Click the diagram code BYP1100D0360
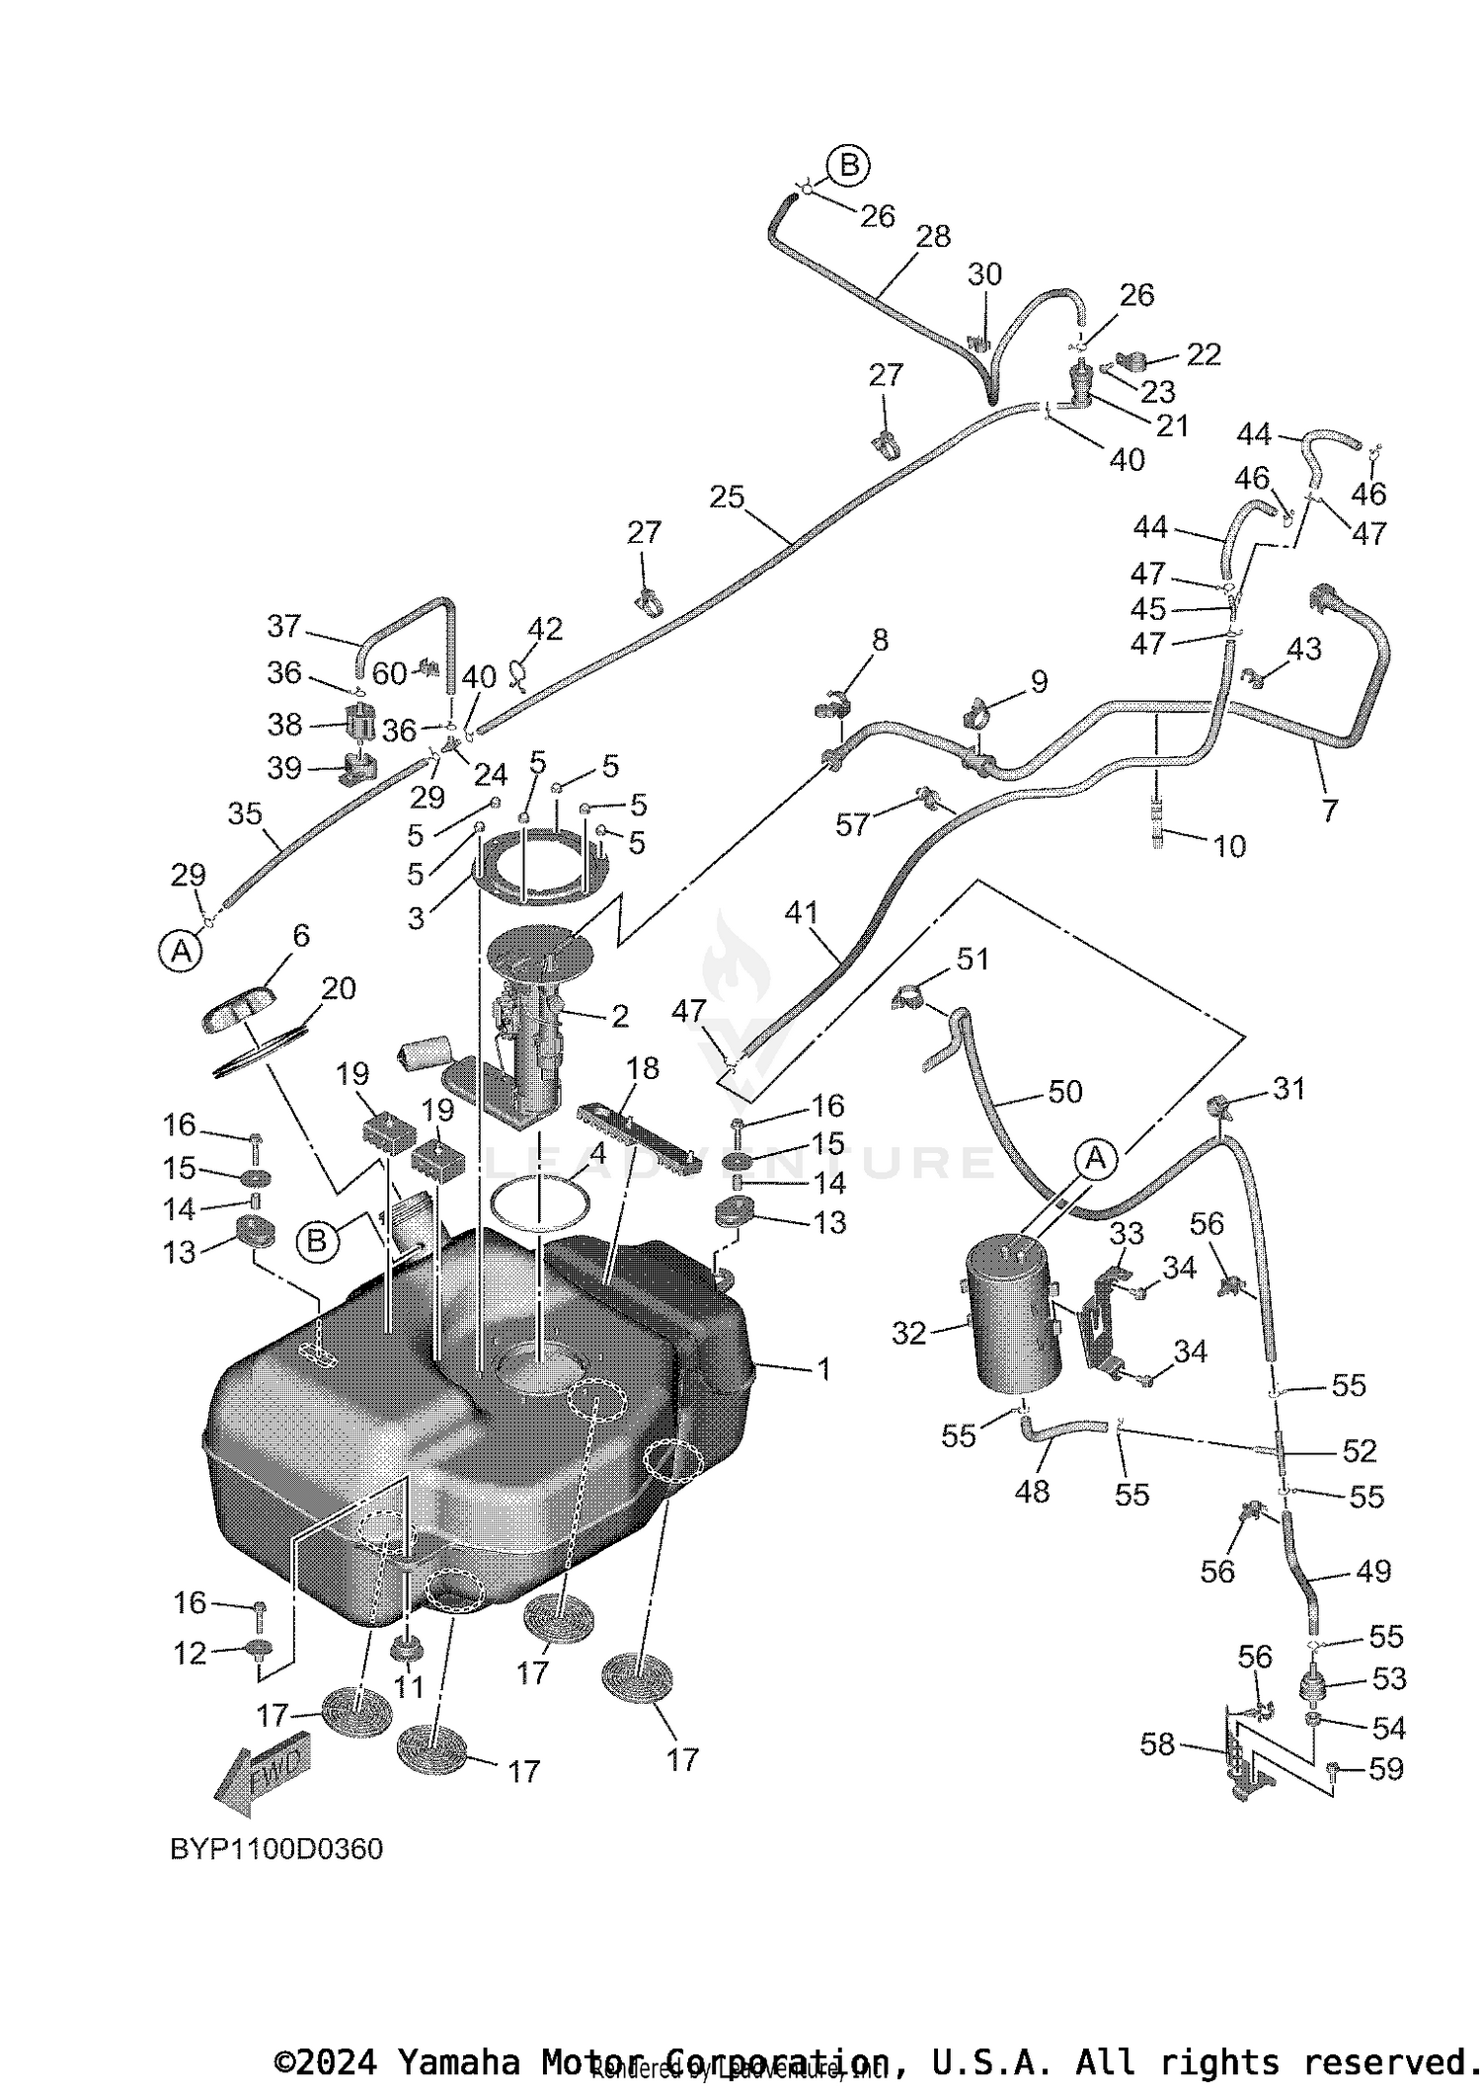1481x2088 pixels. tap(276, 1848)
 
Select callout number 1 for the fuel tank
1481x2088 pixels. tap(823, 1369)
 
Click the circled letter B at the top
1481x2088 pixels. tap(848, 166)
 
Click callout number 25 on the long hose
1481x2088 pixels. tap(727, 497)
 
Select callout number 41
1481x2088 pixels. tap(802, 912)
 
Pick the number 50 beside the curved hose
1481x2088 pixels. tap(1065, 1091)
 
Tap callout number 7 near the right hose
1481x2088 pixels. tap(1330, 811)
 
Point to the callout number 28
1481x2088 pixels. tap(933, 236)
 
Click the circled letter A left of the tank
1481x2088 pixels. tap(181, 951)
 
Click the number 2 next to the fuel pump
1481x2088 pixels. tap(619, 1016)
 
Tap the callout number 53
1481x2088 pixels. tap(1389, 1677)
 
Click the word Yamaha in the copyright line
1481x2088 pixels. tap(456, 2062)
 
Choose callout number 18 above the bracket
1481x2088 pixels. tap(643, 1068)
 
